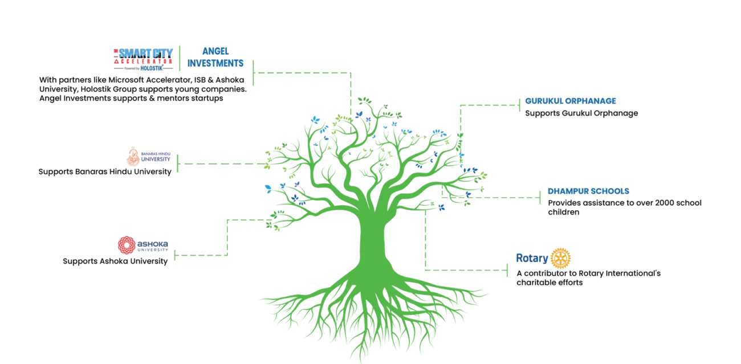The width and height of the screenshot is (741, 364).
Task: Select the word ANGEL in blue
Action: click(x=214, y=50)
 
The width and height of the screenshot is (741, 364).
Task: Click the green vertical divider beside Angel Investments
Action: click(x=180, y=56)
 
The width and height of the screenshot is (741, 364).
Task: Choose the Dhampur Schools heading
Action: click(x=587, y=191)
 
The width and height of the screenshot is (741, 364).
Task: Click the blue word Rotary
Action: click(x=531, y=258)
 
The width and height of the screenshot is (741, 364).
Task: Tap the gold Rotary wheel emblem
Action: click(x=561, y=259)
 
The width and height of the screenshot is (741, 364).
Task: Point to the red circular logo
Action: click(x=125, y=246)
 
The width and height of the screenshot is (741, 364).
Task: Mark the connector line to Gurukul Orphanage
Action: click(x=490, y=104)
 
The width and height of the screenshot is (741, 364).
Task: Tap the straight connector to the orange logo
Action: click(x=222, y=163)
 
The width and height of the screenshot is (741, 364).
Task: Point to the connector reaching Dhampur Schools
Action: click(x=507, y=197)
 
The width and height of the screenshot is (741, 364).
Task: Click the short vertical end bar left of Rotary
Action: click(x=508, y=270)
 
